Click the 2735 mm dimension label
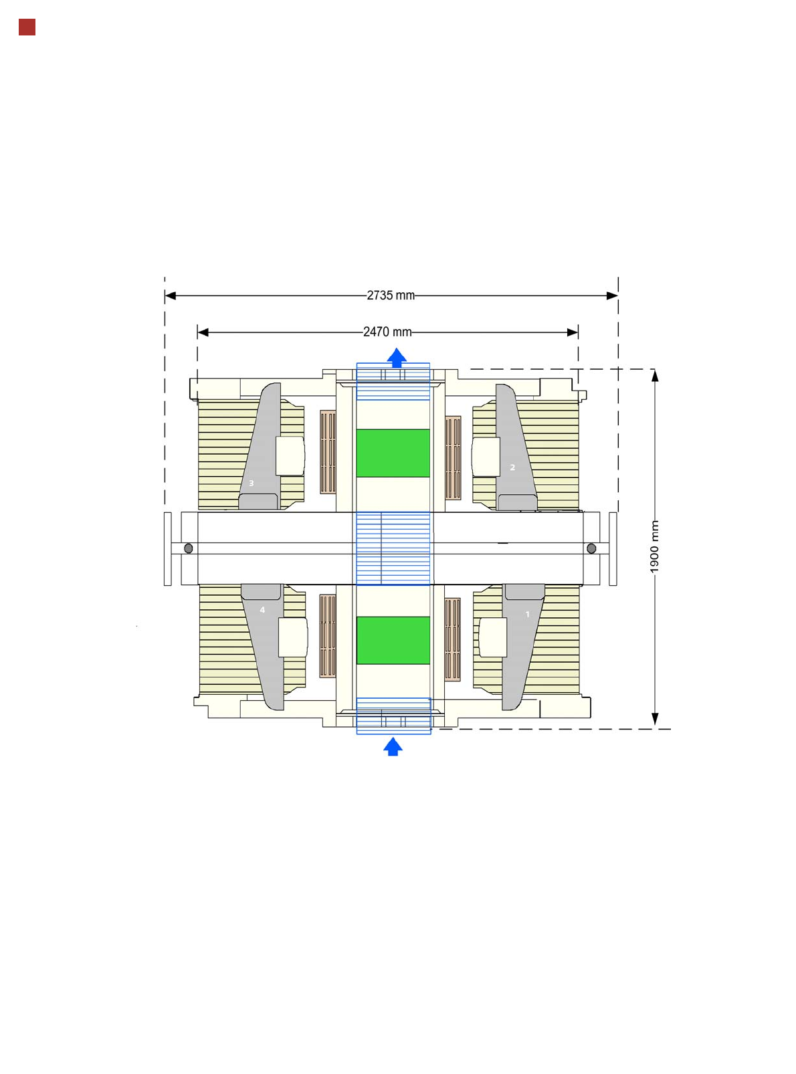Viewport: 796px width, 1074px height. pyautogui.click(x=391, y=295)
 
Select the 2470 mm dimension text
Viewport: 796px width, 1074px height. pyautogui.click(x=387, y=332)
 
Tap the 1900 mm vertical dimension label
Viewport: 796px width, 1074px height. pyautogui.click(x=654, y=546)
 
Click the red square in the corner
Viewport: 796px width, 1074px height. pyautogui.click(x=27, y=27)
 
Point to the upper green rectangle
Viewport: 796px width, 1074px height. pyautogui.click(x=393, y=453)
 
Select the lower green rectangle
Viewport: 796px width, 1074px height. pyautogui.click(x=393, y=640)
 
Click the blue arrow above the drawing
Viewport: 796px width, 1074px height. pyautogui.click(x=397, y=357)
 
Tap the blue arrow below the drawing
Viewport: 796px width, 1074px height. pyautogui.click(x=393, y=746)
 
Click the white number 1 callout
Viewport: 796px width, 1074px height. pyautogui.click(x=527, y=615)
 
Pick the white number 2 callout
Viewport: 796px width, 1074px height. pyautogui.click(x=512, y=467)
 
